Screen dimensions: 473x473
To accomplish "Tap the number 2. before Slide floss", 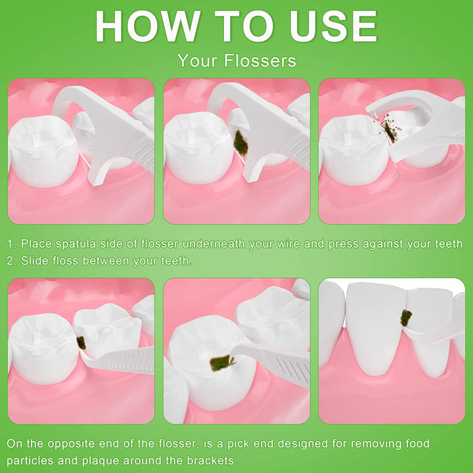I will pos(12,261).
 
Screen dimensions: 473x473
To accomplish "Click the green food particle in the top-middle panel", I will pos(240,140).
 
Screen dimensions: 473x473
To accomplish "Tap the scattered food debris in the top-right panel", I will pos(388,129).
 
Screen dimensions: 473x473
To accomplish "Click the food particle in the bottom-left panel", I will pos(81,342).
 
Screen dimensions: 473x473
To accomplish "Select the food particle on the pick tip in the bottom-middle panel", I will pos(222,361).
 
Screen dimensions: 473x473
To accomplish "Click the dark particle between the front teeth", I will pos(406,318).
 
